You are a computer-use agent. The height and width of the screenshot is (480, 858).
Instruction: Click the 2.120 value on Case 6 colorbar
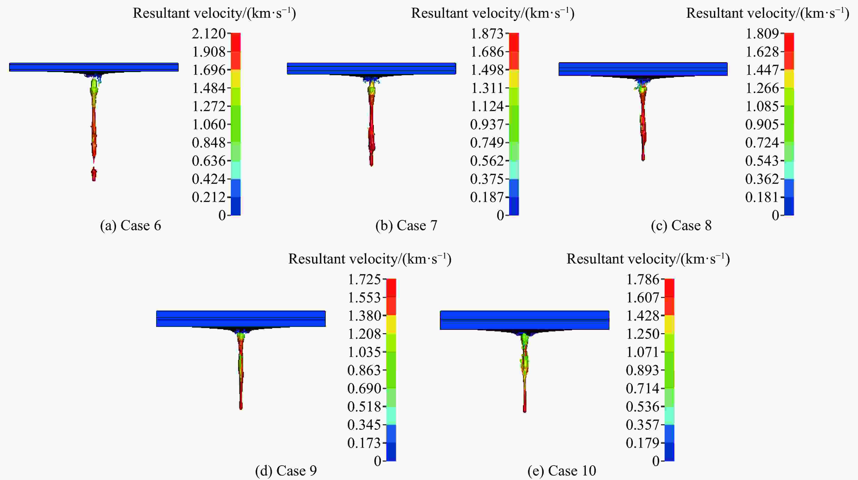(x=209, y=34)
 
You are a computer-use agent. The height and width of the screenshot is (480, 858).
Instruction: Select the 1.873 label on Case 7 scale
(x=487, y=34)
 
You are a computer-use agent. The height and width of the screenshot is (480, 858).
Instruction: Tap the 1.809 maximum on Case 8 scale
(x=762, y=34)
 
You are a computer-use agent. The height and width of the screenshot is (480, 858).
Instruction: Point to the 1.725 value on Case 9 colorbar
(x=364, y=279)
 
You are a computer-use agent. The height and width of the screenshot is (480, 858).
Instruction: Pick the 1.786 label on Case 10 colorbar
(x=643, y=279)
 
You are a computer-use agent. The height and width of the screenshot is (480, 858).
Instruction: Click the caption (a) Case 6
(x=131, y=226)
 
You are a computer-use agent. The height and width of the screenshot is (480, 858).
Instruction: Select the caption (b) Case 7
(x=406, y=226)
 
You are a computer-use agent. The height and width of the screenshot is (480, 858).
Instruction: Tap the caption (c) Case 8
(x=681, y=226)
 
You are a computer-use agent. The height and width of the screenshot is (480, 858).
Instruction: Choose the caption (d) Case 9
(x=286, y=471)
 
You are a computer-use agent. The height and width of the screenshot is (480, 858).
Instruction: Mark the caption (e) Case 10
(x=562, y=471)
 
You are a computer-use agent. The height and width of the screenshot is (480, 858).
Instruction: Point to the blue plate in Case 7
(x=371, y=68)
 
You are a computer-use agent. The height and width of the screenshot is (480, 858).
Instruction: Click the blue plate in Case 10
(x=525, y=320)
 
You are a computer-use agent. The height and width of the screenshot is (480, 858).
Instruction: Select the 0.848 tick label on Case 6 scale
(x=209, y=143)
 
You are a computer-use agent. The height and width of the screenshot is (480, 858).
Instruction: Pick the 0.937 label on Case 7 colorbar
(x=487, y=125)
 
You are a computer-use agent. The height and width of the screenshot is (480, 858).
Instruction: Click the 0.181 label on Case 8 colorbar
(x=762, y=197)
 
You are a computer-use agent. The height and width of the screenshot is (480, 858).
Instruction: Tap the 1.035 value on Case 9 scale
(x=364, y=352)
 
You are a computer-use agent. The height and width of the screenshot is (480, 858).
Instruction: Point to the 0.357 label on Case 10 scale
(x=643, y=425)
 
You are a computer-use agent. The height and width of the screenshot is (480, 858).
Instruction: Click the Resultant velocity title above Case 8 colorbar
(x=768, y=13)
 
